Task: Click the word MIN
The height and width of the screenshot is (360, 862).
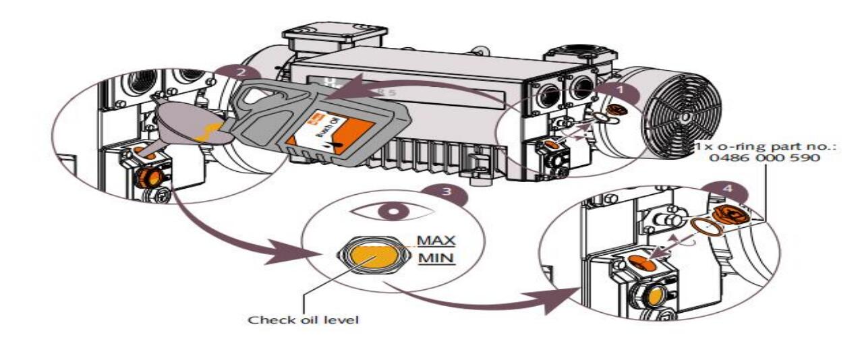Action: [x=436, y=258]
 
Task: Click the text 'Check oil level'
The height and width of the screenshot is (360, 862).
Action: [x=304, y=320]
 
